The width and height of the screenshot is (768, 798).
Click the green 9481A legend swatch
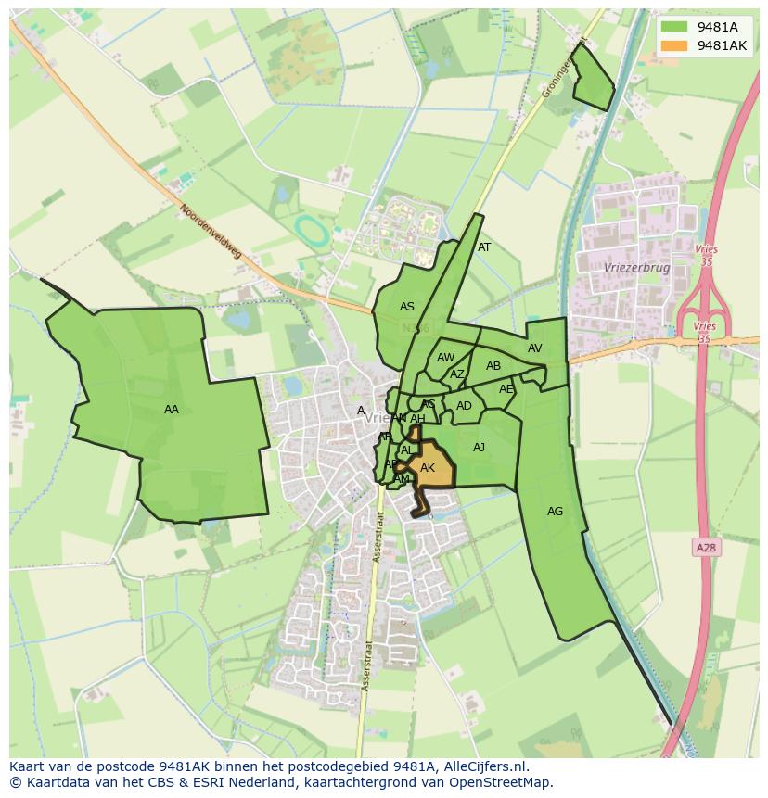(673, 28)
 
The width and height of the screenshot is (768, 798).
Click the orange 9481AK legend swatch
(673, 45)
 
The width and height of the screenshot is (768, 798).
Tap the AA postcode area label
(172, 410)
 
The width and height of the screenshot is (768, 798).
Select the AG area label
(555, 512)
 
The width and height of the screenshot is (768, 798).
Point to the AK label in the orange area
(428, 468)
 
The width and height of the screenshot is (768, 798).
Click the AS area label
(407, 307)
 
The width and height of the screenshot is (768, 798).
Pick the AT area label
(484, 247)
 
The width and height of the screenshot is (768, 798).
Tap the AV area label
(535, 348)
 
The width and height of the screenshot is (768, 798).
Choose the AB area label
(493, 366)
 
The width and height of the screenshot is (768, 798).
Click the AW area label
(446, 358)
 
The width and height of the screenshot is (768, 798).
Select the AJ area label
(480, 448)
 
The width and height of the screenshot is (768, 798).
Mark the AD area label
(464, 406)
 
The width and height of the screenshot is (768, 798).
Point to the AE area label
(506, 389)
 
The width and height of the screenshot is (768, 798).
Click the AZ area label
(456, 374)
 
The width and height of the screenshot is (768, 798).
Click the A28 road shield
(706, 548)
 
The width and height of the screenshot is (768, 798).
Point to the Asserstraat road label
(378, 538)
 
